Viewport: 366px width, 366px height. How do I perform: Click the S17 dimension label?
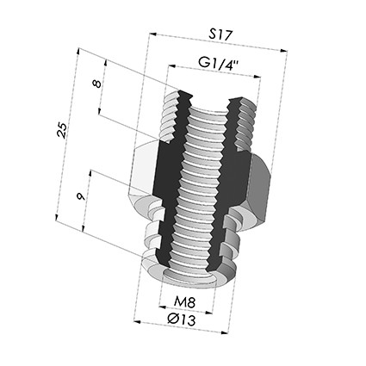220,34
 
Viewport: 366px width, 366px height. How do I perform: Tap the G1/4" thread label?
219,63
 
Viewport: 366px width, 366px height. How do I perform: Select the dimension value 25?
62,130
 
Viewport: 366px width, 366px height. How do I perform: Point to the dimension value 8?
96,84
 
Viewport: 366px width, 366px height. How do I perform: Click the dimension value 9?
81,196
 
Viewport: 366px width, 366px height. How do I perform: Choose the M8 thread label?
184,302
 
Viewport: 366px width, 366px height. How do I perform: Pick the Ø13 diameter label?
182,319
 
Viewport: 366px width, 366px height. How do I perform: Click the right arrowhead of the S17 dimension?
284,51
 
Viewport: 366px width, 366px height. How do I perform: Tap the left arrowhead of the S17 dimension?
152,34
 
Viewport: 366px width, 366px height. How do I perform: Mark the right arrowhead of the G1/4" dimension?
257,77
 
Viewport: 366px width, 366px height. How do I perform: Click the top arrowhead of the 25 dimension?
78,52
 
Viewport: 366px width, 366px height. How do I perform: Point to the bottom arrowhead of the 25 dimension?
57,217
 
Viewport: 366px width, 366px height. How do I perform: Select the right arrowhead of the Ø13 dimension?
226,333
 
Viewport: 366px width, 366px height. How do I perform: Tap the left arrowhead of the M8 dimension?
163,307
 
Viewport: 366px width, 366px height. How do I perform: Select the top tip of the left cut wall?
181,91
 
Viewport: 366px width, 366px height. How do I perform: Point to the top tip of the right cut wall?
233,99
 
